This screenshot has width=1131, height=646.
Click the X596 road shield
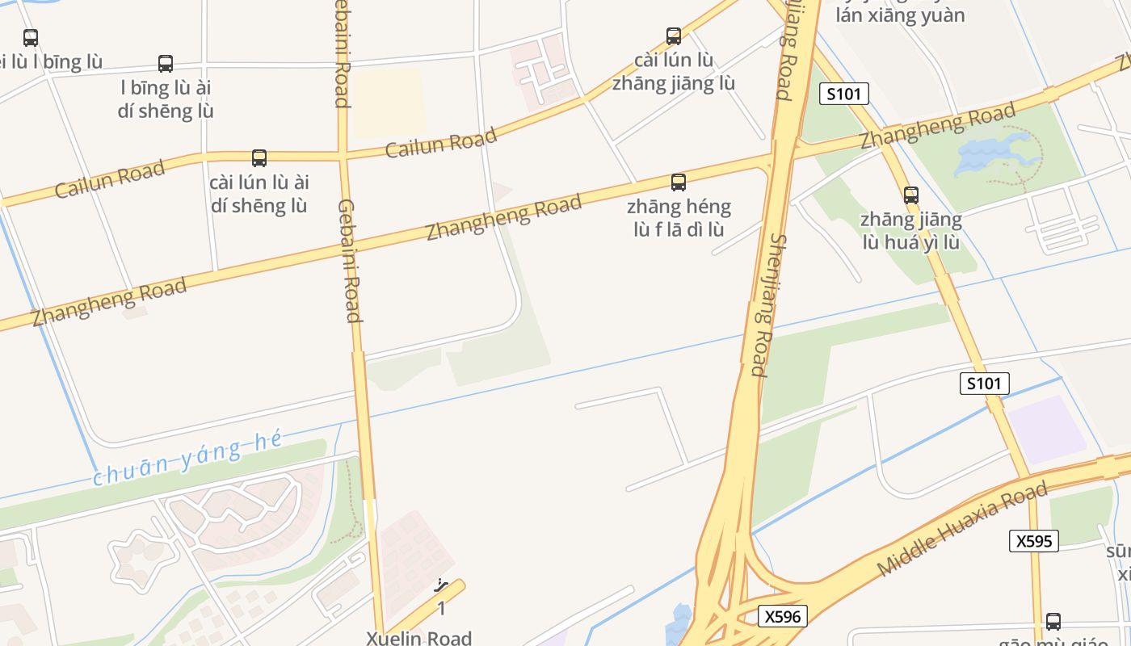tap(783, 617)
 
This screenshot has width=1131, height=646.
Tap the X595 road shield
tap(1033, 541)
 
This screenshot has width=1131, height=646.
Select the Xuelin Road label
tap(418, 638)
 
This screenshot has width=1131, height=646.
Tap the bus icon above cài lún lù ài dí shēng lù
tap(259, 158)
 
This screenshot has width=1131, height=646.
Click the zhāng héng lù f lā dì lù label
tap(679, 218)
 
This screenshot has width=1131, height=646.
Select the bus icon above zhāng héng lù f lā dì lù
tap(679, 182)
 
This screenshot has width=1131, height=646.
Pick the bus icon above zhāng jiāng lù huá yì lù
tap(911, 195)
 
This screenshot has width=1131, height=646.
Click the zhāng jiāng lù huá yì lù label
tap(911, 231)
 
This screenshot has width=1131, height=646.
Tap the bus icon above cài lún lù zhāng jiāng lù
tap(674, 36)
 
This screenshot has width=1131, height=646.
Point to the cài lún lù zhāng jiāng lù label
tap(674, 71)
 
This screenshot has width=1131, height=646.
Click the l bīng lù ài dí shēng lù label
tap(166, 99)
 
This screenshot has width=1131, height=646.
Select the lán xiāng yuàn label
tap(900, 15)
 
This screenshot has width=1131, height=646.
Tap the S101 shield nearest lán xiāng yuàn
tap(844, 94)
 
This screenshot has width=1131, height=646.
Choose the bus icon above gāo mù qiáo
tap(1053, 621)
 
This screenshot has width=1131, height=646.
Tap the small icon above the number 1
tap(441, 585)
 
